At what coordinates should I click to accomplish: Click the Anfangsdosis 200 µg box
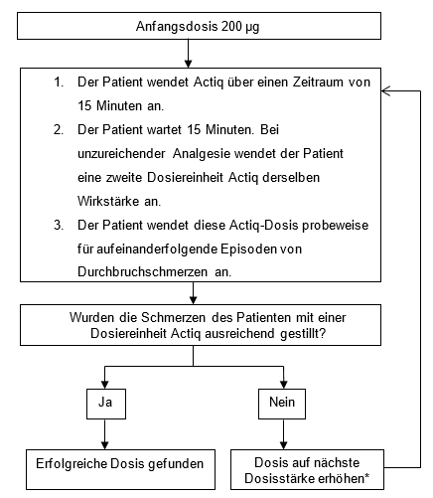coord(199,26)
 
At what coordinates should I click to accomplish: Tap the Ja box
coord(106,404)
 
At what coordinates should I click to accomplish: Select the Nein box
coord(282,404)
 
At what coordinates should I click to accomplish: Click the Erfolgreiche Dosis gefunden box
coord(120,469)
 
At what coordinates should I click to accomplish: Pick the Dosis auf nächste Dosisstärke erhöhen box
coord(307,469)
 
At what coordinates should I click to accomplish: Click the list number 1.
coord(59,83)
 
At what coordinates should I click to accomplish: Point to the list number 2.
coord(59,130)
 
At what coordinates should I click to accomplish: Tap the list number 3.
coord(59,226)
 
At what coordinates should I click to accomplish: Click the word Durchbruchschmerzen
coord(142,272)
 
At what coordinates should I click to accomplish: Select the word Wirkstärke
coord(108,201)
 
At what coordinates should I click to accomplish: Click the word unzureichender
coord(121,154)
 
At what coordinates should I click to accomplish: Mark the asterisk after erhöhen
coord(366,476)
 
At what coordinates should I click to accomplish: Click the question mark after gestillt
coord(323,333)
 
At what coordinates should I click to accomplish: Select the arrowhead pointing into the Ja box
coord(105,385)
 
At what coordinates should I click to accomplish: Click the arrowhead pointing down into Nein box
coord(284,385)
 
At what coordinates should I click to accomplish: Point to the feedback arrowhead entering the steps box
coord(386,90)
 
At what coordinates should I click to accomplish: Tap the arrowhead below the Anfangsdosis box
coord(188,64)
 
